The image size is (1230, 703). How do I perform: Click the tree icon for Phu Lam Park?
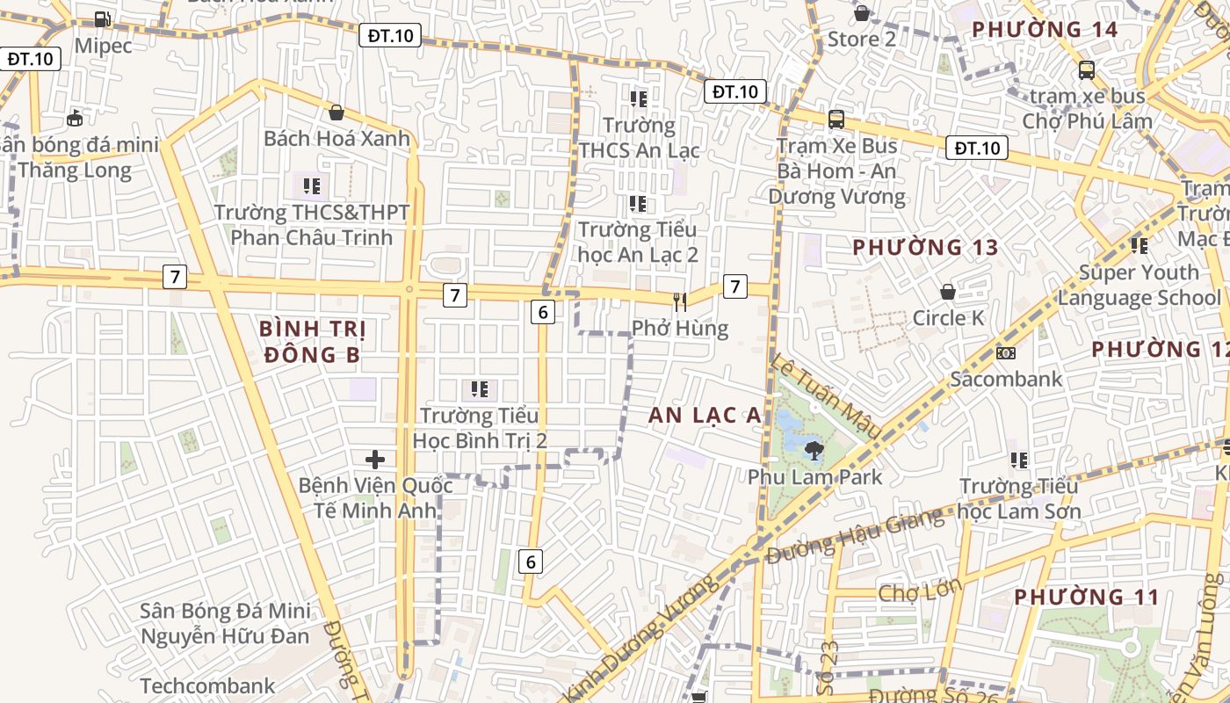coord(814,451)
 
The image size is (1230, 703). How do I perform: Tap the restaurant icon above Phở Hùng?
coord(679,302)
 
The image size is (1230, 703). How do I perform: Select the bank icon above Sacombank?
coord(1006,352)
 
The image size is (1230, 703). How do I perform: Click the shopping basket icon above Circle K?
coord(948,291)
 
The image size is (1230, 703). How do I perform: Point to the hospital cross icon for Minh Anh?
coord(375,459)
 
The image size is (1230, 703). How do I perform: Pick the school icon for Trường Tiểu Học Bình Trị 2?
coord(480,388)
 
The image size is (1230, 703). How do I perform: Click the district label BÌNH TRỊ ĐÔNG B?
coord(312,342)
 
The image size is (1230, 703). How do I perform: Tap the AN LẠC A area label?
coord(705,416)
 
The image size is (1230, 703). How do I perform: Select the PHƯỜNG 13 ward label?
coord(926,248)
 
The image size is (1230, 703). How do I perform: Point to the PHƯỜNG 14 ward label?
coord(1045,30)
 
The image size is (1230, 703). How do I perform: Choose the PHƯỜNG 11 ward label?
coord(1087,598)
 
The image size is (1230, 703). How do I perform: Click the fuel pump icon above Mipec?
coord(103,18)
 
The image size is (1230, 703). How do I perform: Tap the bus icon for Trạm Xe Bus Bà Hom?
coord(836,119)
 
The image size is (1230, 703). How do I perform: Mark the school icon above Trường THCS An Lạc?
coord(639,98)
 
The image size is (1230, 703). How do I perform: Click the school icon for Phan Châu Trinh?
coord(312,185)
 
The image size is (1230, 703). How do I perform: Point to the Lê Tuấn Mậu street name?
coord(826,396)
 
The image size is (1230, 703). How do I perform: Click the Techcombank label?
coord(207,685)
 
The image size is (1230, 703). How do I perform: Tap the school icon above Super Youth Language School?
coord(1140,246)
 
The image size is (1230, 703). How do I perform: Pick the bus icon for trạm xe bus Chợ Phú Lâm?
coord(1087,69)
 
